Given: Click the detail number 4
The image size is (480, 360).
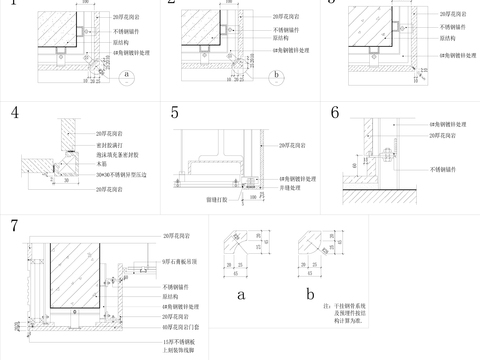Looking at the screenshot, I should click(x=16, y=113).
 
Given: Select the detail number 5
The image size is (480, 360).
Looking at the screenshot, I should click(x=175, y=112).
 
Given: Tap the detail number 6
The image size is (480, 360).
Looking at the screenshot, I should click(x=336, y=112).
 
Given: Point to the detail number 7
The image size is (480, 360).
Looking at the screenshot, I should click(x=14, y=225).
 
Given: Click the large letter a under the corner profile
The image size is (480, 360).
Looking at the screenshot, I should click(x=240, y=295).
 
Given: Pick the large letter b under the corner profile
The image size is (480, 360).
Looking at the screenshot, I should click(x=312, y=295).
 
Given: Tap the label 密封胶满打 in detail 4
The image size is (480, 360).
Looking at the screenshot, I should click(x=110, y=145).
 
